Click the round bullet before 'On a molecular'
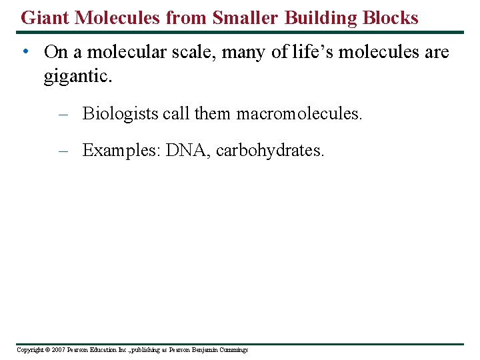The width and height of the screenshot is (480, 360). [24, 52]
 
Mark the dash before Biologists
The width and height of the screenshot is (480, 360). [63, 114]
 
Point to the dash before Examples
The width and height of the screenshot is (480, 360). [63, 151]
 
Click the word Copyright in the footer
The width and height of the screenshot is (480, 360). [30, 349]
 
